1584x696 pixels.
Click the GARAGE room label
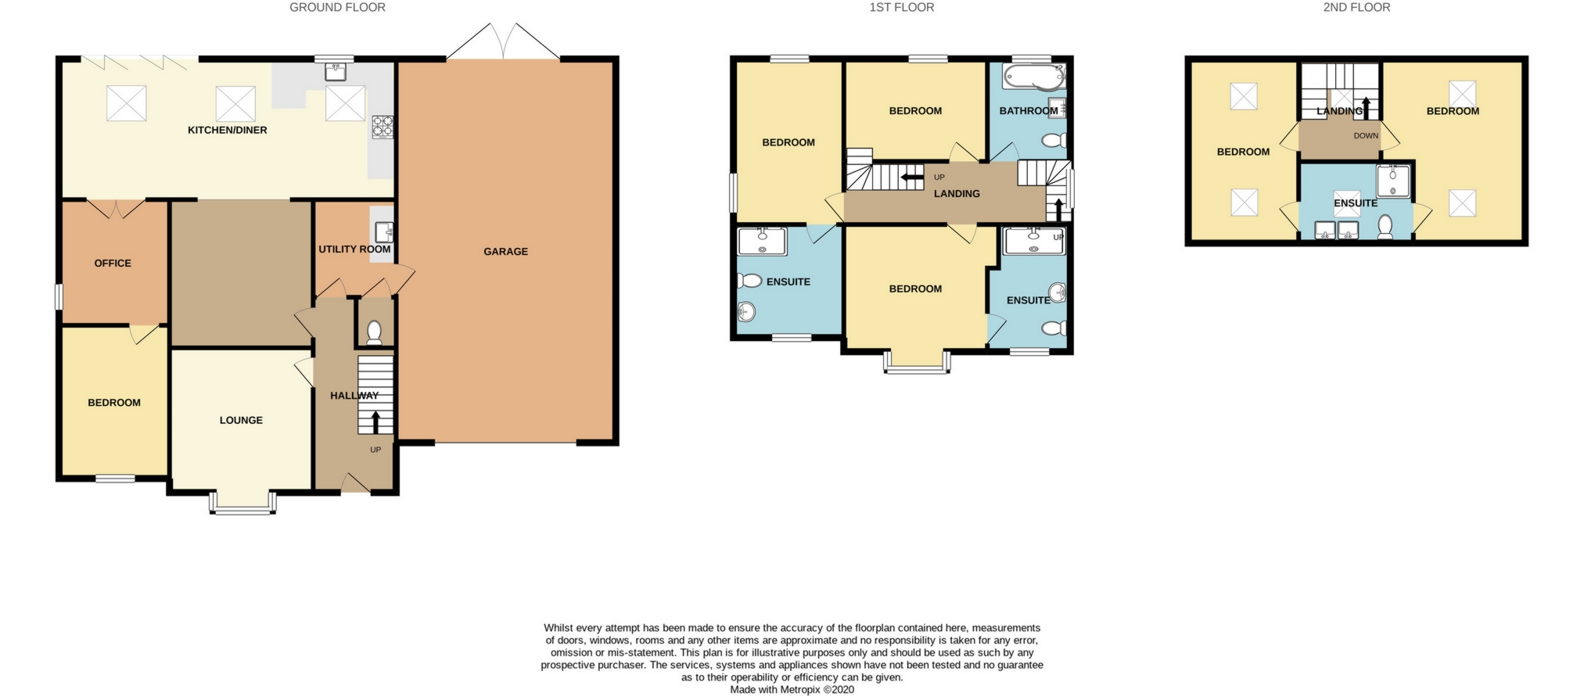(505, 252)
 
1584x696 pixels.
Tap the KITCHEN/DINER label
(227, 130)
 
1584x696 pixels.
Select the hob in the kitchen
(383, 127)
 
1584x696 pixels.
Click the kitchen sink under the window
(335, 72)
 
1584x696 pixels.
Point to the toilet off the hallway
(374, 332)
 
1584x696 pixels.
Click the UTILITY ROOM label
(354, 249)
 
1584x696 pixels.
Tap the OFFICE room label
(113, 264)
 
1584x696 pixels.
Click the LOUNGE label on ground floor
(241, 421)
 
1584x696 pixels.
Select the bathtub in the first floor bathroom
(1033, 77)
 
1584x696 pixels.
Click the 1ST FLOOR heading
(901, 8)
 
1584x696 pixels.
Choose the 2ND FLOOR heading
(1356, 8)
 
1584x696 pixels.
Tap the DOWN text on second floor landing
(1366, 136)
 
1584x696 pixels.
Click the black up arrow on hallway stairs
(375, 422)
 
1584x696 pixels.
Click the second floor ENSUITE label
(1355, 203)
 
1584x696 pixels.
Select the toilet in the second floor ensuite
(1385, 227)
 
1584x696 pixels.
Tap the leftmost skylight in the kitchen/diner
(126, 103)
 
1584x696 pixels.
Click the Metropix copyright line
(792, 690)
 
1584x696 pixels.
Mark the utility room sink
(383, 232)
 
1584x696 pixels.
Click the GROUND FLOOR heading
(337, 8)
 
